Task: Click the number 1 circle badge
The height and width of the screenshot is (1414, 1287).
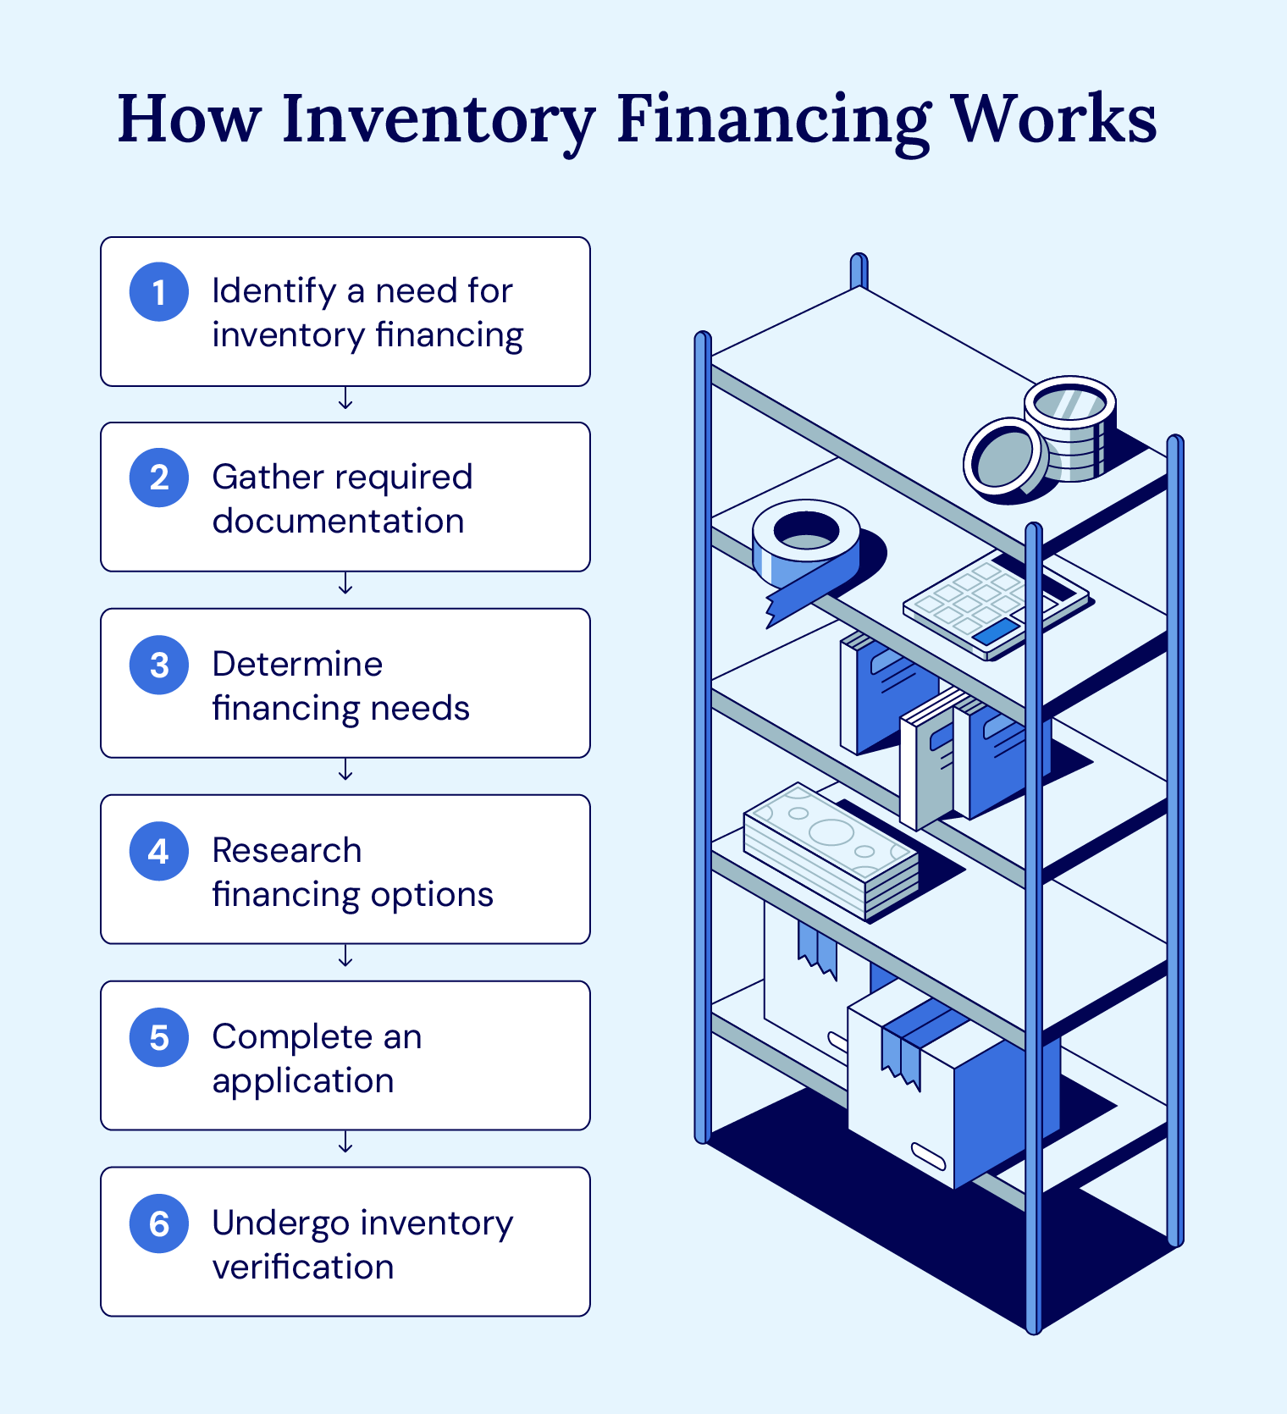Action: click(159, 292)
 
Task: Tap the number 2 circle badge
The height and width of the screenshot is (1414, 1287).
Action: click(159, 478)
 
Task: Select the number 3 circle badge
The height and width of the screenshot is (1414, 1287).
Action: click(159, 665)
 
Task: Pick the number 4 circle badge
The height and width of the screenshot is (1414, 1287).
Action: click(159, 851)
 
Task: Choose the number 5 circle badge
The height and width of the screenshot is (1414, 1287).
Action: click(159, 1037)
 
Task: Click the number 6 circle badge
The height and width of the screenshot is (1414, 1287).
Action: click(159, 1223)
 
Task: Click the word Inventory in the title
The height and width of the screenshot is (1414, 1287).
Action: click(438, 120)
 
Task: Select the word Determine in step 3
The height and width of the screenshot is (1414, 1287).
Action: click(297, 664)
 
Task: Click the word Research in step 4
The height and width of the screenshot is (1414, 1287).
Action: click(287, 850)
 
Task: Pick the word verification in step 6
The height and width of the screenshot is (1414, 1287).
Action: click(303, 1267)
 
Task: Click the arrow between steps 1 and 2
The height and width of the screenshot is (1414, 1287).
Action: click(345, 399)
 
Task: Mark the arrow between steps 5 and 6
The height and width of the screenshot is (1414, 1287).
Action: click(345, 1143)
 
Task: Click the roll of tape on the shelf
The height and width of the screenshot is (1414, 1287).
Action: click(806, 546)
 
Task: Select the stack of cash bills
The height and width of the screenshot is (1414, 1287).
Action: click(830, 851)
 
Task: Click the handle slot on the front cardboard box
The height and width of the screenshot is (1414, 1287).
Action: click(928, 1155)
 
